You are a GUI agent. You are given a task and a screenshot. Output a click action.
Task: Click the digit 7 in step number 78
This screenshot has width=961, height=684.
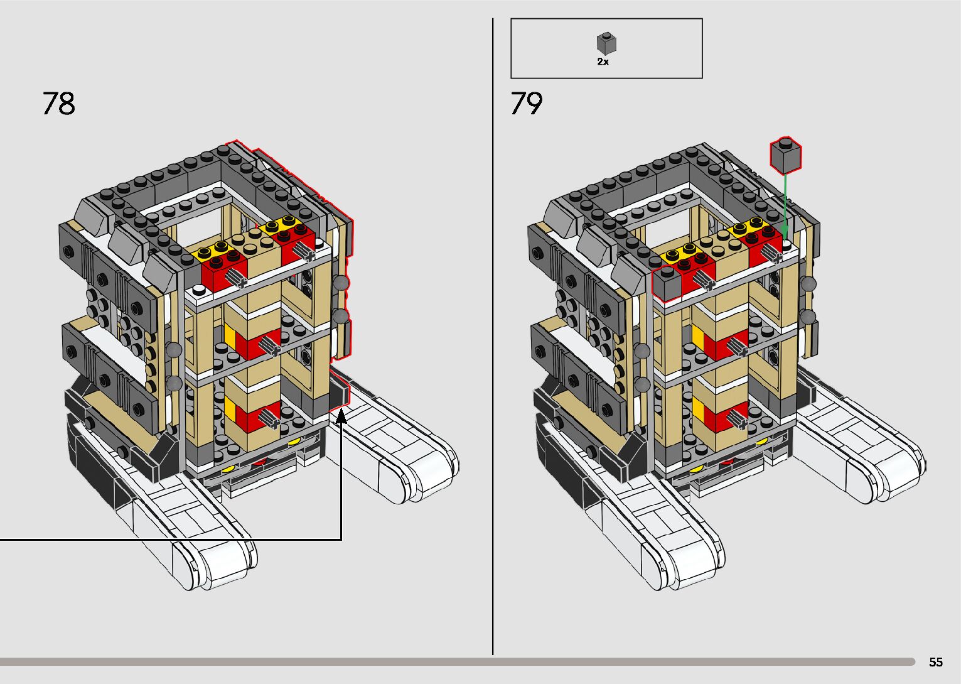(x=50, y=103)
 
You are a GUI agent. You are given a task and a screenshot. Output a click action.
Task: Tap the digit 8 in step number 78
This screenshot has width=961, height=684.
(x=67, y=103)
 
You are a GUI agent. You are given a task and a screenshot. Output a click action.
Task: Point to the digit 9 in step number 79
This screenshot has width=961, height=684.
(x=535, y=103)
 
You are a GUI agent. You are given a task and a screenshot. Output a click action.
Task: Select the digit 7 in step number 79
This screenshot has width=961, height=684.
(x=518, y=103)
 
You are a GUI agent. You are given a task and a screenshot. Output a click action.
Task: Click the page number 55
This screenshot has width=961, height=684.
(x=936, y=661)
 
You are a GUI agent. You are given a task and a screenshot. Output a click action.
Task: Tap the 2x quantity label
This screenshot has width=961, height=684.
(x=603, y=62)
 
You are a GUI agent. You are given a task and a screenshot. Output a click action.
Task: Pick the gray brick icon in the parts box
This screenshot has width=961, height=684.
(x=606, y=44)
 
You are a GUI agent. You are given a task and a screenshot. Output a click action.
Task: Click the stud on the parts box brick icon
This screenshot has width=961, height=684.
(x=606, y=35)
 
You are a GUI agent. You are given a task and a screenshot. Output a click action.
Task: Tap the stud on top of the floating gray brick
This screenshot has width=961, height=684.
(x=786, y=143)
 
